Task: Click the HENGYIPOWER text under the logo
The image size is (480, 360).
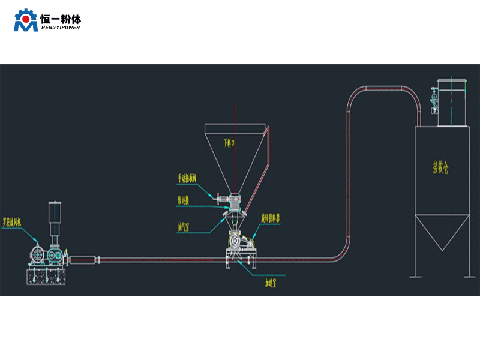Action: coord(61,27)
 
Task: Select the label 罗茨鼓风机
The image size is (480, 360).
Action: coord(13,221)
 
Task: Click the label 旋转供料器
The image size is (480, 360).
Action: coord(270,217)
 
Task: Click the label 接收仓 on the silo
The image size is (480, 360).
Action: coord(440,167)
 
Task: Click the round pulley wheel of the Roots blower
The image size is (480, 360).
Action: coord(37,255)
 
